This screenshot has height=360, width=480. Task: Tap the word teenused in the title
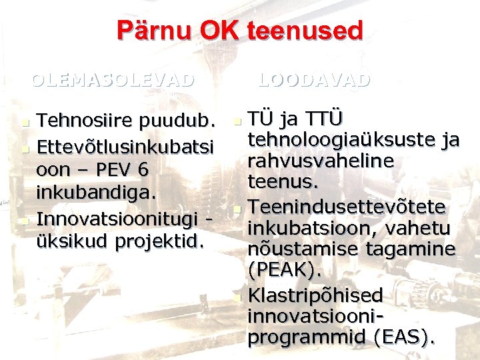pos(304,31)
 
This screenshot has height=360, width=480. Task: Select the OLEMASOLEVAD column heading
pos(113,81)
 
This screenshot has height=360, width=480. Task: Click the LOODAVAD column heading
pos(313,81)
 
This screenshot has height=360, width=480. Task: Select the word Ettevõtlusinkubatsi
pos(125,145)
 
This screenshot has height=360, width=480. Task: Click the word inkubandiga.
pos(97,193)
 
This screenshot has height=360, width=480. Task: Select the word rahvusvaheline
pos(321,161)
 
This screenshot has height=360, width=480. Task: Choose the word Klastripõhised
pos(315,295)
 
